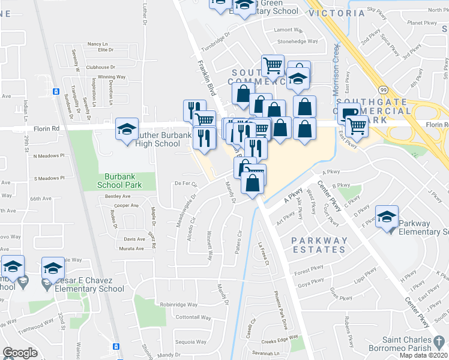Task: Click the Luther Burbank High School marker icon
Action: tap(126, 129)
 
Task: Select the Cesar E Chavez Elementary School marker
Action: tap(52, 268)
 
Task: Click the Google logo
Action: tap(20, 352)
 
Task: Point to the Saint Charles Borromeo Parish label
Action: tap(406, 343)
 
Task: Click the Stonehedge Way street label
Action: tap(298, 41)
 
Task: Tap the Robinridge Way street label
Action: tap(179, 304)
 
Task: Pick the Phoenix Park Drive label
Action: tap(282, 311)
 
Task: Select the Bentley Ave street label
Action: tap(118, 196)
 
